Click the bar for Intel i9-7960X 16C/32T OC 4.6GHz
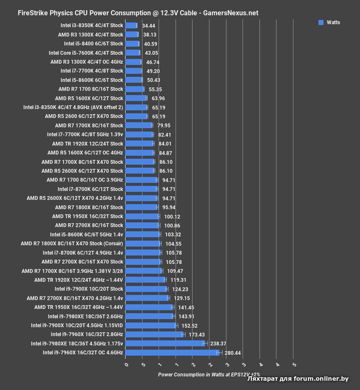(x=173, y=352)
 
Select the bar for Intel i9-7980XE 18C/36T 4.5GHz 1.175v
(x=166, y=343)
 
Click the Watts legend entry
(x=329, y=22)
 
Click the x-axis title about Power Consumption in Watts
(x=209, y=374)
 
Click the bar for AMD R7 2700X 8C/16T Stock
(x=142, y=225)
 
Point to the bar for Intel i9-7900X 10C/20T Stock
(x=146, y=289)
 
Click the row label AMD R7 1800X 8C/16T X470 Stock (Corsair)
(x=72, y=243)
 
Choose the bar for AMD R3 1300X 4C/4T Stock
(x=132, y=35)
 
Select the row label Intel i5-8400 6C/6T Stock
(x=94, y=43)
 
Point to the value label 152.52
(x=190, y=325)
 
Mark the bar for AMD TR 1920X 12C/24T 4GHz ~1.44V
(x=145, y=280)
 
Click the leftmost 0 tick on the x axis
(x=126, y=365)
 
